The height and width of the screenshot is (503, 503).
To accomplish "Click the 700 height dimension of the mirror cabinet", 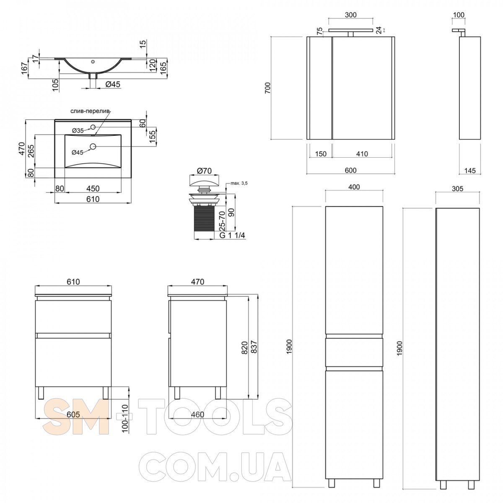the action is click(x=268, y=88).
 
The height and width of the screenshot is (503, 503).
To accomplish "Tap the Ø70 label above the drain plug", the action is click(x=205, y=171).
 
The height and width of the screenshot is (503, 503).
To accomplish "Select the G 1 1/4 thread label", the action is click(x=232, y=235).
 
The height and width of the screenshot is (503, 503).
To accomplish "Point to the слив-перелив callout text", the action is click(x=90, y=111).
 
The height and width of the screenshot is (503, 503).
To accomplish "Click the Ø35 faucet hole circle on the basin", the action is click(x=93, y=127).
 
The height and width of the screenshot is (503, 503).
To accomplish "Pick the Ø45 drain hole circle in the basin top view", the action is click(x=93, y=147).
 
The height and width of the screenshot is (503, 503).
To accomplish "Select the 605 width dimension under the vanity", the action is click(x=73, y=414).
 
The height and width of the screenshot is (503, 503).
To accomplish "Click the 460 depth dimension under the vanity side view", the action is click(x=197, y=414).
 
